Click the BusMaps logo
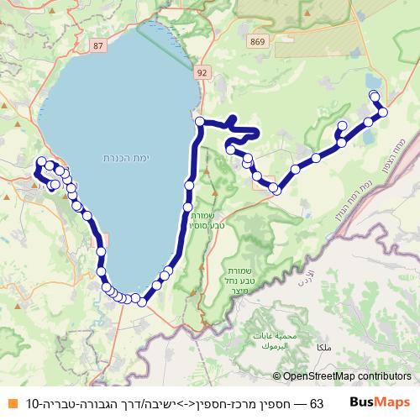point(380,403)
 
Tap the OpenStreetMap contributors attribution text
point(348,376)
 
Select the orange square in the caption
point(12,404)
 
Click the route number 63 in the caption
point(317,404)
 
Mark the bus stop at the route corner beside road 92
point(200,122)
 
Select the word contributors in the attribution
point(384,376)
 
